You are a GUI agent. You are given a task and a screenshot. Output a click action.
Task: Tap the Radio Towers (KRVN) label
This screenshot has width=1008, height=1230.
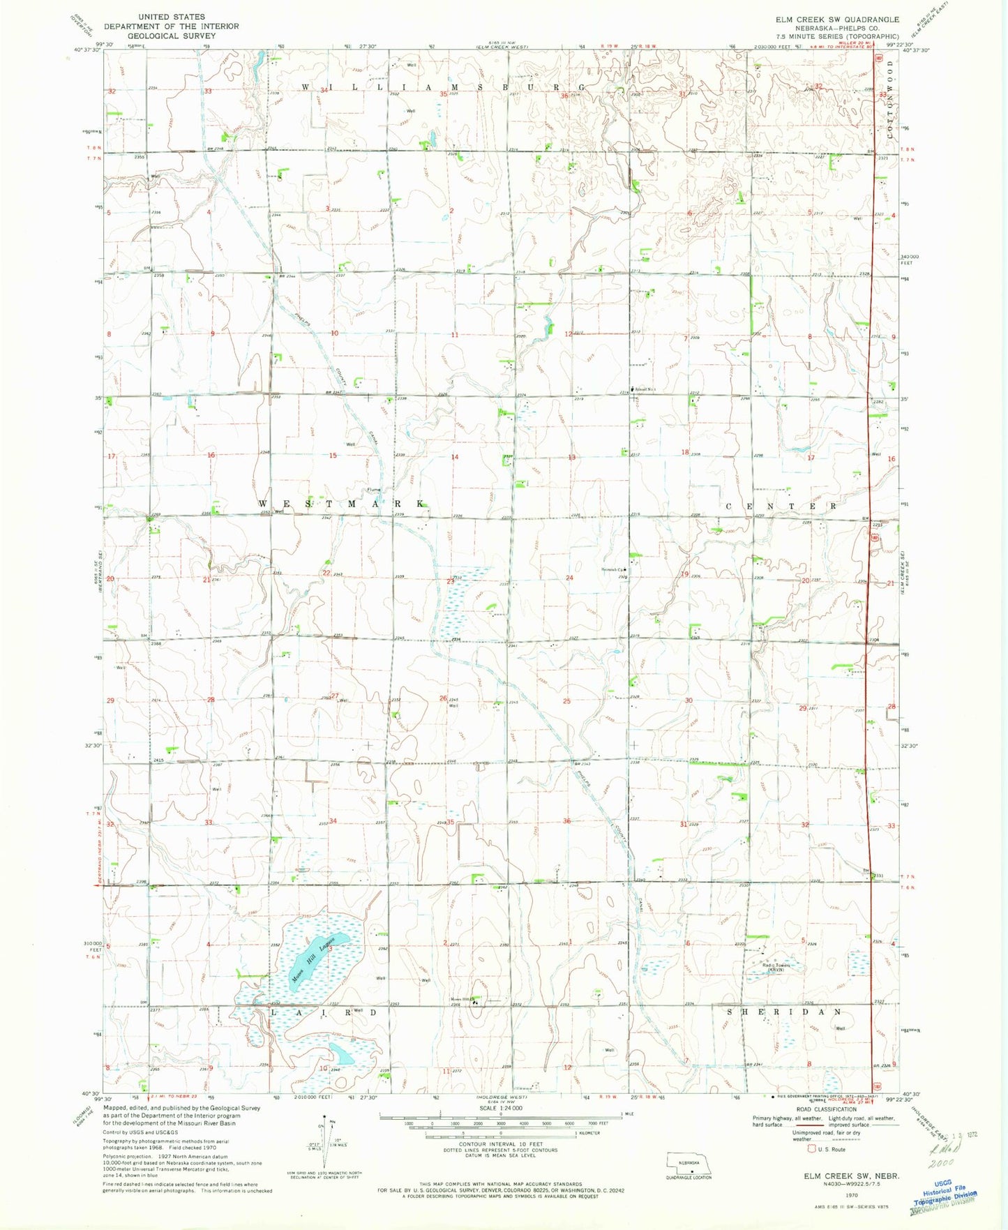tap(767, 967)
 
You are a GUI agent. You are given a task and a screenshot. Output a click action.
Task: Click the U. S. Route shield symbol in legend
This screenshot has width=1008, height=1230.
tap(811, 1149)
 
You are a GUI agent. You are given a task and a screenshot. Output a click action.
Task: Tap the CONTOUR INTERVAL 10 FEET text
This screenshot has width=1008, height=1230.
tap(500, 1144)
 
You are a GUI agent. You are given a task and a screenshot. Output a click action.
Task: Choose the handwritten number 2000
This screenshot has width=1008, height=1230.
tap(940, 1164)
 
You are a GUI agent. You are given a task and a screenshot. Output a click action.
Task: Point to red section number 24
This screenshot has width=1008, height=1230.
tap(570, 578)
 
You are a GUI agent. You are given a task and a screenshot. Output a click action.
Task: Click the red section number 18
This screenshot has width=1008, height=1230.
tap(685, 452)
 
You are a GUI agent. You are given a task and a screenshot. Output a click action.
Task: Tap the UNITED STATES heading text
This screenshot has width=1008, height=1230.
tap(172, 16)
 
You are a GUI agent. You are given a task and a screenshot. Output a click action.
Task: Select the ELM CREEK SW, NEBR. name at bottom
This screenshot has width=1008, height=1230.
tap(851, 1176)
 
